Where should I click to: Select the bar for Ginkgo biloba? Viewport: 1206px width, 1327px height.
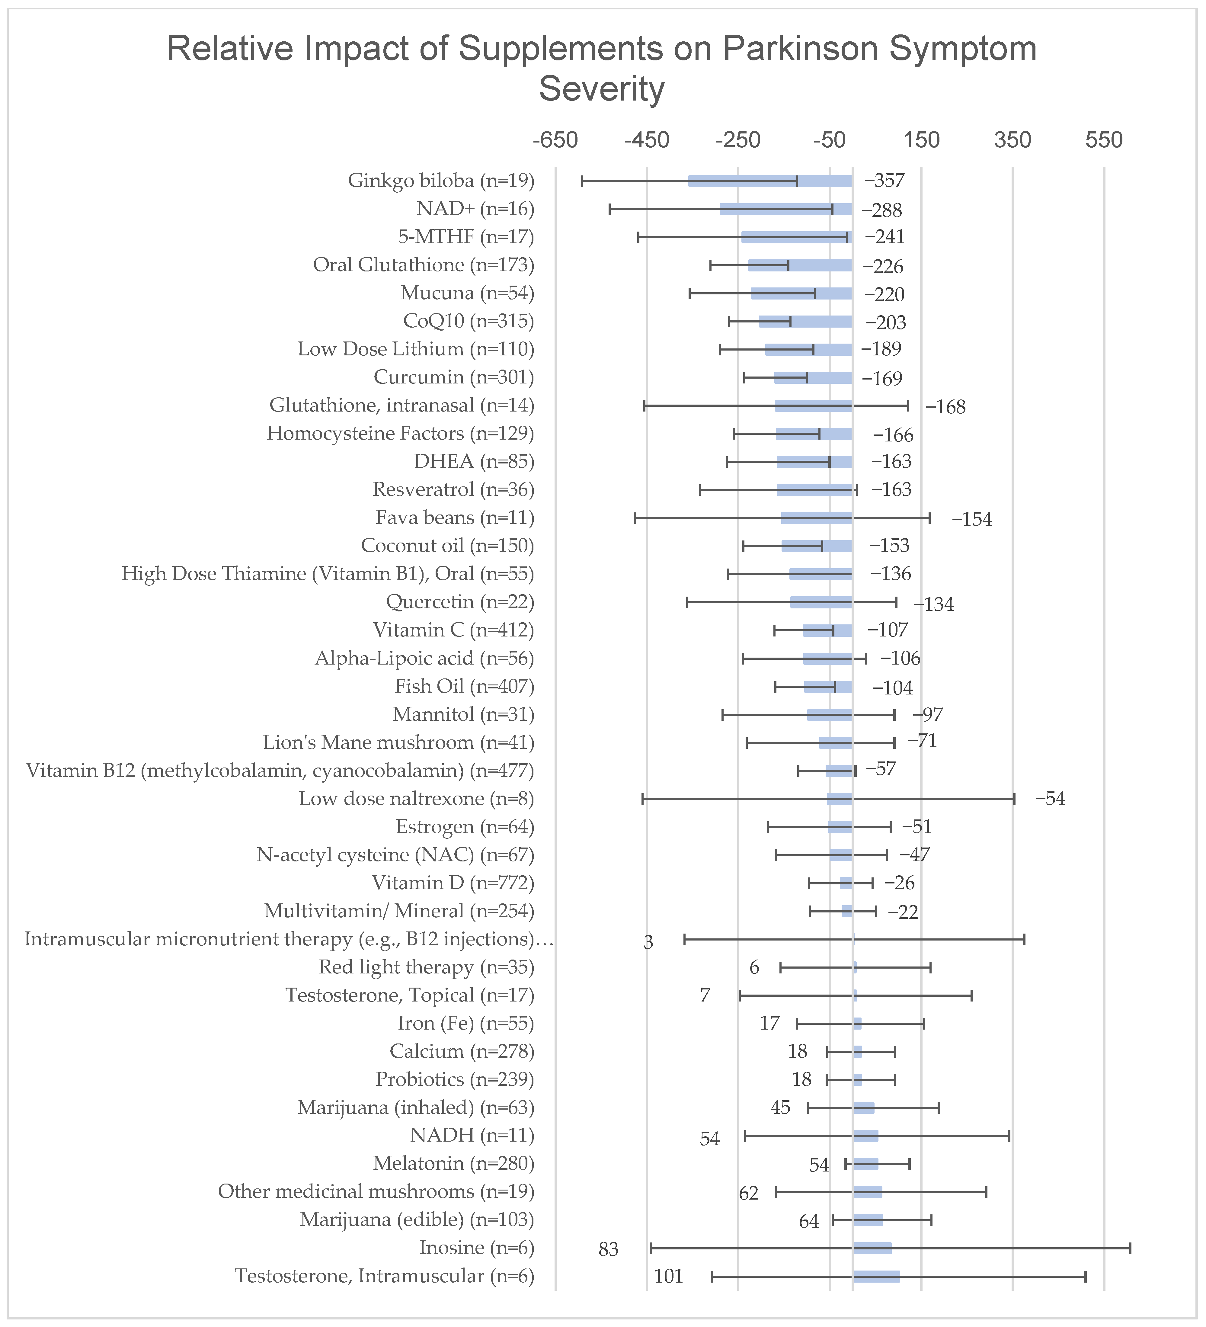(770, 181)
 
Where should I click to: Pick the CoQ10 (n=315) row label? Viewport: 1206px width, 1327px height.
(468, 321)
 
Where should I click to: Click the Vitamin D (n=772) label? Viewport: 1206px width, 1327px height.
(453, 883)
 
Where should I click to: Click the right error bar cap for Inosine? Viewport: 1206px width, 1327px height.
(1130, 1248)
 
